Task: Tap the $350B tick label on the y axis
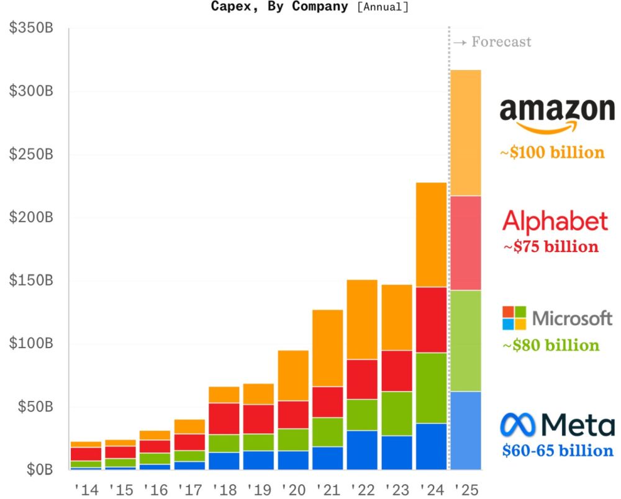pos(31,29)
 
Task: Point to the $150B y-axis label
pos(31,281)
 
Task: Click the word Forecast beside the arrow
pos(501,42)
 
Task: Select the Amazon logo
pos(557,115)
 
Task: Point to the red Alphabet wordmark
pos(555,221)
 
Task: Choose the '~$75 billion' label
pos(551,246)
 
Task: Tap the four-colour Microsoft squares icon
pos(514,318)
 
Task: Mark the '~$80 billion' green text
pos(551,345)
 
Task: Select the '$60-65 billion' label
pos(557,451)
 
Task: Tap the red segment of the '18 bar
pos(224,418)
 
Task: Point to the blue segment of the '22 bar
pos(362,449)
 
